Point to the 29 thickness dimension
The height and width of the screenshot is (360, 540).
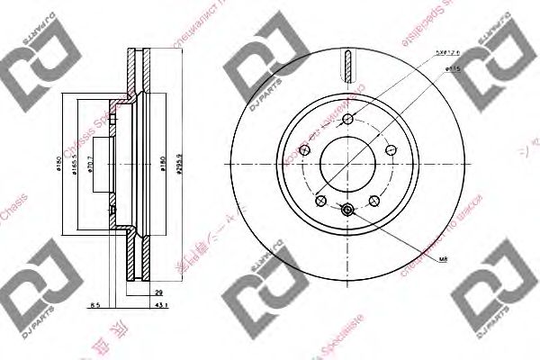[x=157, y=293]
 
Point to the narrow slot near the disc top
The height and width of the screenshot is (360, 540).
[x=346, y=66]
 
